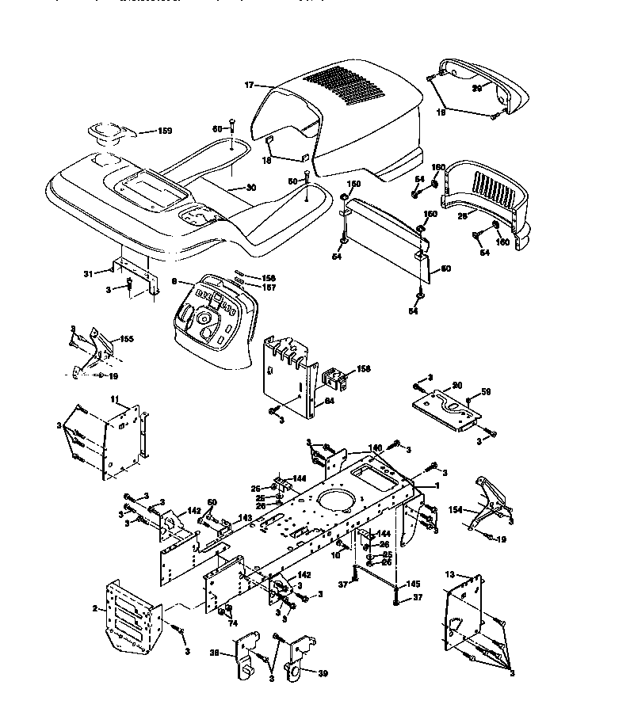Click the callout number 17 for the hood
[247, 85]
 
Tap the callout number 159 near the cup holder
[163, 131]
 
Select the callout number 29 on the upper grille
[477, 88]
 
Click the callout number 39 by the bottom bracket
[322, 673]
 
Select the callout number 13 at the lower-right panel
[450, 573]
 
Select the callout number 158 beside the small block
[364, 369]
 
